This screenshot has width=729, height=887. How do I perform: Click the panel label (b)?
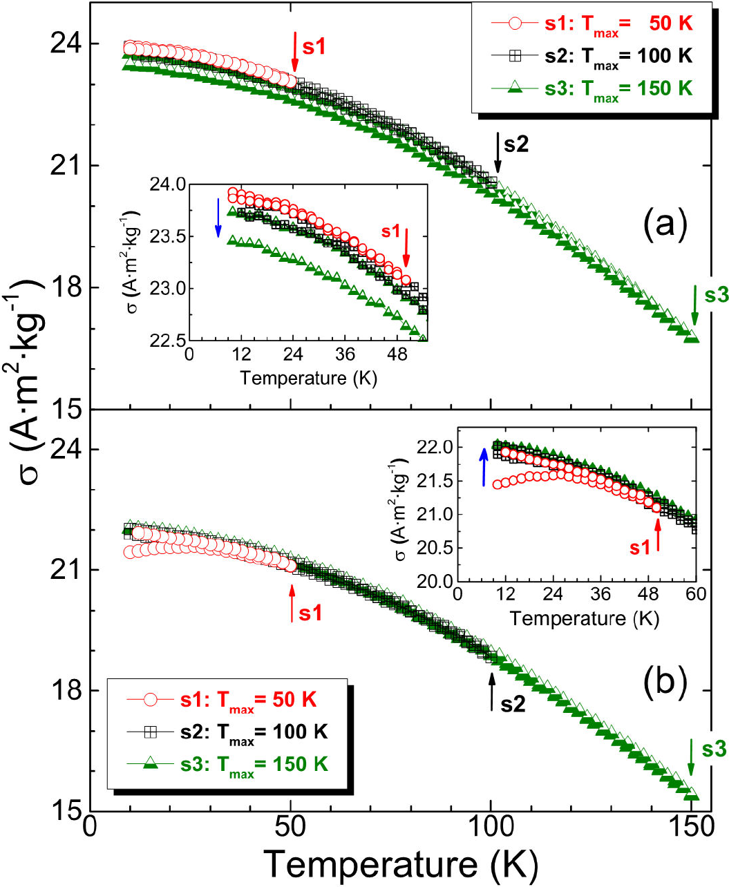coord(665,683)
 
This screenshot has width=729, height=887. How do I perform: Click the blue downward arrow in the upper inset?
coord(218,222)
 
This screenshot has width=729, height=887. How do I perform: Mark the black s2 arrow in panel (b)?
coord(492,692)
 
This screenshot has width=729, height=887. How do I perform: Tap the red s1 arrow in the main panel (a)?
coord(295,50)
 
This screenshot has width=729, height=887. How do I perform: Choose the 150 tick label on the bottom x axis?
coord(691,828)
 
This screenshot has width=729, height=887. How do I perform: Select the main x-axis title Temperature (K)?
coord(401,864)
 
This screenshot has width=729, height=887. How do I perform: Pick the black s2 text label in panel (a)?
coord(516,144)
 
